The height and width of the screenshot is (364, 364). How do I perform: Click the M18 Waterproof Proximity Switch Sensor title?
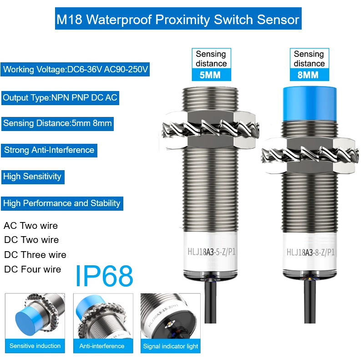pyautogui.click(x=178, y=19)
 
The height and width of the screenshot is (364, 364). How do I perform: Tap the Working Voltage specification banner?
pyautogui.click(x=75, y=69)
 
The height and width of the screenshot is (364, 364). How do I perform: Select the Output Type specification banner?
pyautogui.click(x=60, y=98)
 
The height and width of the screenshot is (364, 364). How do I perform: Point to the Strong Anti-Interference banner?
pyautogui.click(x=49, y=150)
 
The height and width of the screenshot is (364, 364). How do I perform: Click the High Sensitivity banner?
pyautogui.click(x=33, y=177)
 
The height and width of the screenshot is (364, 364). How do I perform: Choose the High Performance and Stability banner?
pyautogui.click(x=62, y=203)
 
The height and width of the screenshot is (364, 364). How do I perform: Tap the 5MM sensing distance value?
pyautogui.click(x=210, y=75)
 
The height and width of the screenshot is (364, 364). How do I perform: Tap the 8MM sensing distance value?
pyautogui.click(x=308, y=75)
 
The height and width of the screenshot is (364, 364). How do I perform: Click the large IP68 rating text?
pyautogui.click(x=104, y=276)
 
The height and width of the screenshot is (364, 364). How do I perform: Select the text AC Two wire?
pyautogui.click(x=30, y=226)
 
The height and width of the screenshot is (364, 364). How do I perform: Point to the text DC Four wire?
pyautogui.click(x=32, y=269)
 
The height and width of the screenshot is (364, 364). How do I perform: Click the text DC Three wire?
pyautogui.click(x=35, y=255)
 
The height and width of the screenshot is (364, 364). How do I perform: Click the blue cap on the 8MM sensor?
pyautogui.click(x=310, y=104)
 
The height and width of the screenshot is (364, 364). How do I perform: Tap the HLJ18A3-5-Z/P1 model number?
pyautogui.click(x=212, y=252)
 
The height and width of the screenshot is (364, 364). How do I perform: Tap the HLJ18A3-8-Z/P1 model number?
pyautogui.click(x=310, y=252)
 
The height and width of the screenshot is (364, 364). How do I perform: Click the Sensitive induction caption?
pyautogui.click(x=35, y=346)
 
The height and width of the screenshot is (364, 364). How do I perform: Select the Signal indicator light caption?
pyautogui.click(x=171, y=346)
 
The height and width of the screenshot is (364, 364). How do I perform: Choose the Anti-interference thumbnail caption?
pyautogui.click(x=102, y=346)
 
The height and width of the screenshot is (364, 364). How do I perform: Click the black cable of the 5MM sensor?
pyautogui.click(x=211, y=301)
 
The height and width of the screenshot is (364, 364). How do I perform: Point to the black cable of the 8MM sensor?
pyautogui.click(x=310, y=301)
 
